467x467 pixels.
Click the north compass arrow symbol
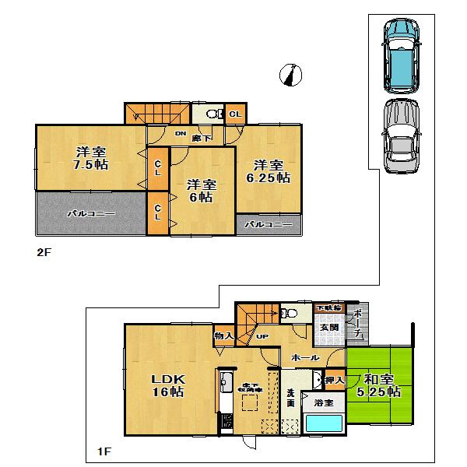[x=291, y=75]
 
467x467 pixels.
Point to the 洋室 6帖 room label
[x=201, y=191]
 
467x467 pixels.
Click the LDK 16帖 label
[x=167, y=385]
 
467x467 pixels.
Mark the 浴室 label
[x=323, y=402]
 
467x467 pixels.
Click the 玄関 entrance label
[x=328, y=328]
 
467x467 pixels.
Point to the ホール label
[x=304, y=356]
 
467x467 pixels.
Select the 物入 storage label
[x=223, y=336]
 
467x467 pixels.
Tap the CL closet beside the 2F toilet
[x=235, y=114]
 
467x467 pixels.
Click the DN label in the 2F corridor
[x=181, y=134]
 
